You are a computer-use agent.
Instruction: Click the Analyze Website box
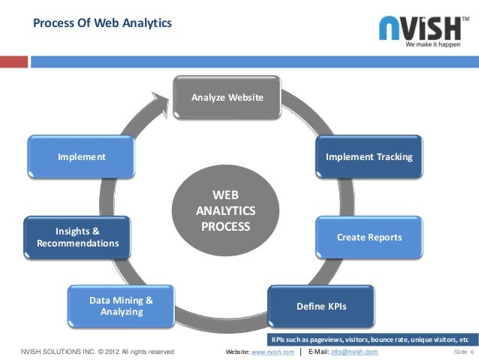click(x=227, y=98)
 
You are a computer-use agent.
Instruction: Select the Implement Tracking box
click(x=369, y=157)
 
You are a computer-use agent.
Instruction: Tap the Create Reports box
click(x=369, y=237)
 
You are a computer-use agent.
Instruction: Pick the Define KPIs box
click(x=322, y=307)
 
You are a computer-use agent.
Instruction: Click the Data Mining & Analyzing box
click(x=121, y=306)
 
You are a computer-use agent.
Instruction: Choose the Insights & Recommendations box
click(x=77, y=237)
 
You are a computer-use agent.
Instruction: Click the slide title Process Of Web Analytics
click(x=102, y=24)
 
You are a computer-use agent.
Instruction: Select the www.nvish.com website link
click(x=271, y=352)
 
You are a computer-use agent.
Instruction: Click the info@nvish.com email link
click(x=353, y=352)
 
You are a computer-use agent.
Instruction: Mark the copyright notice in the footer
click(x=97, y=352)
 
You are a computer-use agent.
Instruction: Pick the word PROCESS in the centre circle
click(x=226, y=225)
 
